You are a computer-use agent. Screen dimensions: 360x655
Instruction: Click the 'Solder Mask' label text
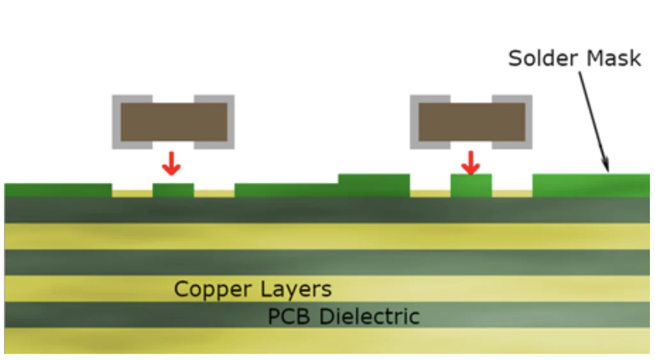coord(574,58)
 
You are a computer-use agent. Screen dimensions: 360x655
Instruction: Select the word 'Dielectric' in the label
coord(370,317)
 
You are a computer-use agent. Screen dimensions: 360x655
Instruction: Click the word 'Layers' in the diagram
coord(295,289)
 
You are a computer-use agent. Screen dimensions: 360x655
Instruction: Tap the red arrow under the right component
coord(471,164)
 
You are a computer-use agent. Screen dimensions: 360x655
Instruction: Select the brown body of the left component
coord(173,122)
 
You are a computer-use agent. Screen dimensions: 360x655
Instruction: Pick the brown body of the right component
coord(471,122)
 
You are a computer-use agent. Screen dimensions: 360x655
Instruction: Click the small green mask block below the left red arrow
coord(173,190)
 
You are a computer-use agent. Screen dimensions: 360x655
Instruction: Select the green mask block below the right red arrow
coord(471,185)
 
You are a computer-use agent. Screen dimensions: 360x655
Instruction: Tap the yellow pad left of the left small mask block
coord(132,192)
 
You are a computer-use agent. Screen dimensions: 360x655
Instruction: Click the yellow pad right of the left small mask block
coord(214,192)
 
